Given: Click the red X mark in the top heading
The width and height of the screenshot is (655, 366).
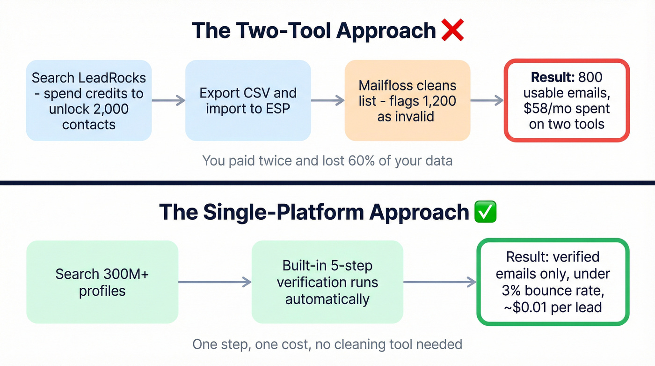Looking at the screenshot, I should (452, 30).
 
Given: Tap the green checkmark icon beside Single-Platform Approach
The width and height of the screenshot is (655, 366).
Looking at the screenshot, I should (485, 212).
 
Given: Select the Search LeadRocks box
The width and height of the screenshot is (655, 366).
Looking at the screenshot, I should (89, 100).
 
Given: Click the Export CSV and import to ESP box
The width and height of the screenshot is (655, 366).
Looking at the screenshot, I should (248, 100).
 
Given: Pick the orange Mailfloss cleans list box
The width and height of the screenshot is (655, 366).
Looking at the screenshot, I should (408, 100).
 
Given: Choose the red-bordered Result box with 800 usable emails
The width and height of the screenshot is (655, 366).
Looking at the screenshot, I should (567, 100).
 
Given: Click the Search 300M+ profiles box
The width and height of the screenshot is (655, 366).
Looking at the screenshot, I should (102, 282).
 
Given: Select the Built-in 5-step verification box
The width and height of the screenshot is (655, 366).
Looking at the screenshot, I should (327, 282).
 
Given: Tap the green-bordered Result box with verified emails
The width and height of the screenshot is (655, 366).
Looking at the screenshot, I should (553, 282).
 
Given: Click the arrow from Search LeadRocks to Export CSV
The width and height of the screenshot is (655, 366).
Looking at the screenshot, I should (168, 100).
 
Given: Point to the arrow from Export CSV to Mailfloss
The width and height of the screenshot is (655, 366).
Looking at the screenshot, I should (328, 100).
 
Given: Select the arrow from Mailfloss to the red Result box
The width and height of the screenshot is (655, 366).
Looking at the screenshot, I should (487, 100).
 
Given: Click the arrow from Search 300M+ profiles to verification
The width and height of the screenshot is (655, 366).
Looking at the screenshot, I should (215, 282).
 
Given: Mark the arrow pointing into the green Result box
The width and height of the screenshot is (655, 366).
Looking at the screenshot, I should (440, 282).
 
